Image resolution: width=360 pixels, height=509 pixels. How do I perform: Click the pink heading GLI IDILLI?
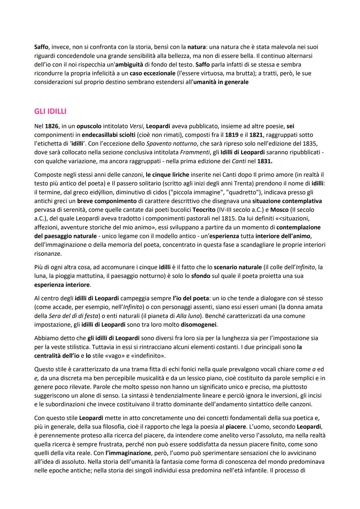50,111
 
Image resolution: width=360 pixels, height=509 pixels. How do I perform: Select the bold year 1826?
51,126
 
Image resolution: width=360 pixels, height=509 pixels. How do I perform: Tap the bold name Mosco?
279,210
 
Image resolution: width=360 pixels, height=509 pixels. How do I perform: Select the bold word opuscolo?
89,126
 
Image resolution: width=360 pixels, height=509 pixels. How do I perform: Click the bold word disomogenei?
199,324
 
